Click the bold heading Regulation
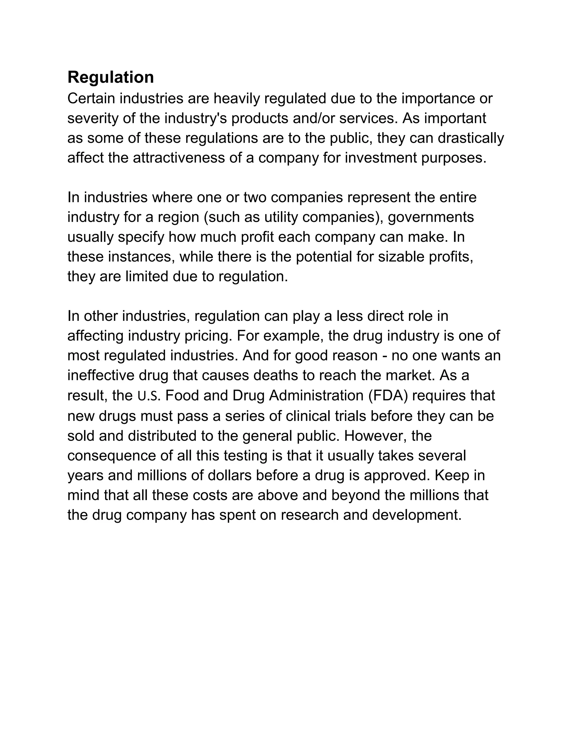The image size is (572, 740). [x=111, y=77]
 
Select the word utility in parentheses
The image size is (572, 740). [x=281, y=217]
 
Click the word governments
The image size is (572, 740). [x=431, y=217]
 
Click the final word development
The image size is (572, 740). [x=416, y=515]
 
